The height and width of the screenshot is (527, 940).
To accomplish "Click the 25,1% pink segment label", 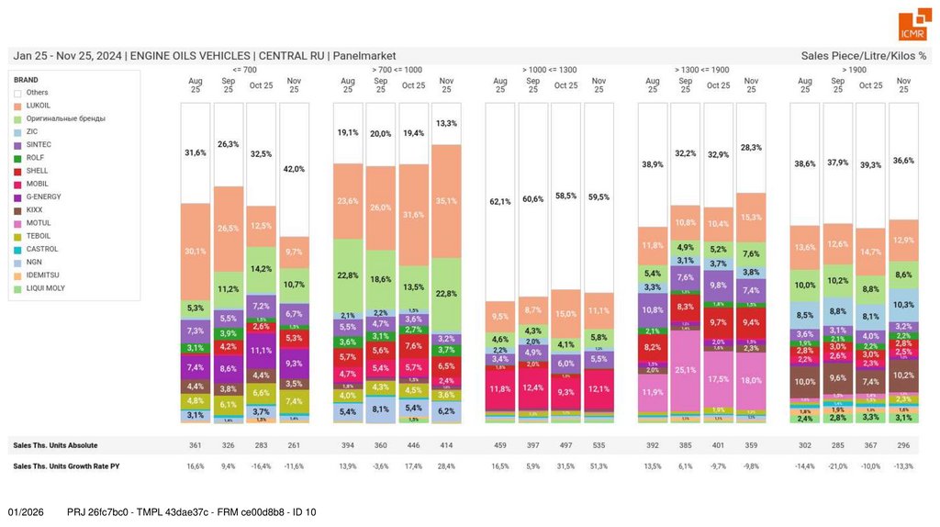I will [x=686, y=370].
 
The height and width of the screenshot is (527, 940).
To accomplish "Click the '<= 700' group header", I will [x=245, y=70].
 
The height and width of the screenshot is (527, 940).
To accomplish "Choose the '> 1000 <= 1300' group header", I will [x=549, y=70].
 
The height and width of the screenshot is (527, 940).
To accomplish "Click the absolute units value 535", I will [x=599, y=445].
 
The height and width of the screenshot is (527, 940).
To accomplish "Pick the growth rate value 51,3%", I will [x=599, y=466].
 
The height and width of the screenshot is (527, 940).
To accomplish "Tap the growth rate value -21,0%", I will [x=837, y=466].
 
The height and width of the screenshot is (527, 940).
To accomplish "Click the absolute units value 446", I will [x=414, y=445].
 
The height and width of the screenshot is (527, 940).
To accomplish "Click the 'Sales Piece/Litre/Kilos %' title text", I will [x=864, y=56].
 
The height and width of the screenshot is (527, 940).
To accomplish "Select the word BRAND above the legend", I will [x=26, y=80].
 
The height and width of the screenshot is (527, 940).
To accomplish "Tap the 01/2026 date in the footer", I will [x=26, y=511].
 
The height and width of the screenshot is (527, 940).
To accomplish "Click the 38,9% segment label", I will [x=653, y=164].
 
